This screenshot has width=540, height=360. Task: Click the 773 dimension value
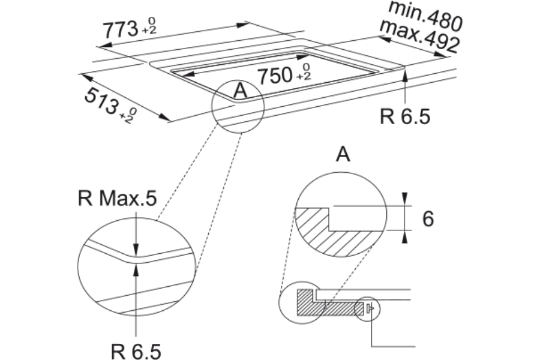pos(121,29)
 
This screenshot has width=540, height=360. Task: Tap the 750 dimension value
pos(275,76)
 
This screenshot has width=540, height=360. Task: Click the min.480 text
pos(425,15)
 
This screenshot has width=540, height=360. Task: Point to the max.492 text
pos(419,35)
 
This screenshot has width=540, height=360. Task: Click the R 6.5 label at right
pos(405,116)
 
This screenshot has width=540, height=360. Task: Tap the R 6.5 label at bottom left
pos(136,352)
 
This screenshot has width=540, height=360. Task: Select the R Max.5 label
pos(118,198)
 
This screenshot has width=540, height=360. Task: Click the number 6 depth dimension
pos(428,218)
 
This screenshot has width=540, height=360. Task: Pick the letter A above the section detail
pos(343,154)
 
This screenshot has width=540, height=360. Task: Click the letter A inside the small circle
pos(241,91)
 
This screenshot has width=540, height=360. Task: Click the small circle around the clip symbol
pos(368,308)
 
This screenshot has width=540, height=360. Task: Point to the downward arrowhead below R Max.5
pos(136,250)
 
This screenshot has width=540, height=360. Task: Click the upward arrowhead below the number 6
pos(405,237)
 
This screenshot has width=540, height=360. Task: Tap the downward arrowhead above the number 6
pos(405,199)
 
